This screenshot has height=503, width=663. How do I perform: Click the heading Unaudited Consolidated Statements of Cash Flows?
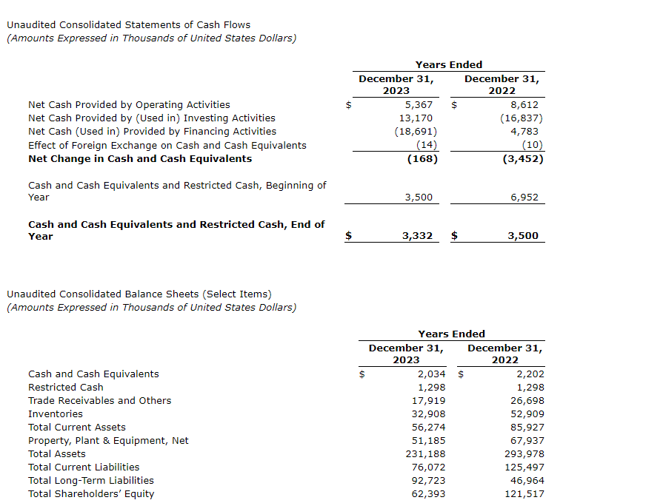pyautogui.click(x=129, y=25)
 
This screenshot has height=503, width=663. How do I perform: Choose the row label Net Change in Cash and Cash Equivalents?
pyautogui.click(x=140, y=158)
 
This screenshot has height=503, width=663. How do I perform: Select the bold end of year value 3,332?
pyautogui.click(x=417, y=236)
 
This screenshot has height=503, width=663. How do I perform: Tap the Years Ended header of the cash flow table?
pyautogui.click(x=449, y=65)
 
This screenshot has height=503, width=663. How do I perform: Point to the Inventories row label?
pyautogui.click(x=56, y=414)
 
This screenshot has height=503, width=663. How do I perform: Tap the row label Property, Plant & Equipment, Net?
pyautogui.click(x=108, y=441)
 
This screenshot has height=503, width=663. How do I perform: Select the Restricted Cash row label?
pyautogui.click(x=66, y=388)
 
